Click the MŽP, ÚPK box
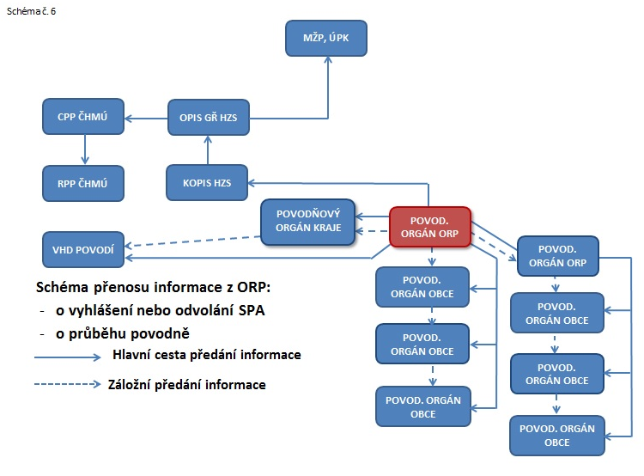click(x=326, y=39)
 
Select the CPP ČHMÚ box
click(x=84, y=117)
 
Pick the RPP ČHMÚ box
click(x=84, y=183)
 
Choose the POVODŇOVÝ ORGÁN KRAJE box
click(x=307, y=221)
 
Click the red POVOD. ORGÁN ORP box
click(x=429, y=227)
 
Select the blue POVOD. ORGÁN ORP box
click(x=557, y=254)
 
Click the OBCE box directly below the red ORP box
click(x=422, y=287)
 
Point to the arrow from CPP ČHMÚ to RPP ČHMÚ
click(x=84, y=150)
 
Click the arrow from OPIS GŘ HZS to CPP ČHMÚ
click(x=146, y=117)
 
